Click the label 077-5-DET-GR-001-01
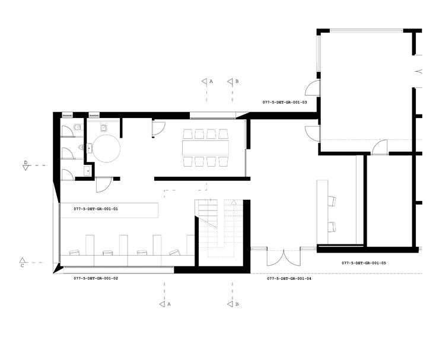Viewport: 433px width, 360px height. tap(96, 209)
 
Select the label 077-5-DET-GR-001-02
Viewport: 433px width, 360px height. tap(96, 278)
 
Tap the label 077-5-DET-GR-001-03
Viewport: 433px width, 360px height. tap(285, 102)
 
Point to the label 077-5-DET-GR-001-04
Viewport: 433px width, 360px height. tap(289, 279)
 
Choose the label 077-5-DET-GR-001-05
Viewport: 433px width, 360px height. tap(364, 263)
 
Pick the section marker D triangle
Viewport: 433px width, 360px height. tap(26, 168)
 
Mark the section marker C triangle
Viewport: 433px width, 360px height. tap(23, 260)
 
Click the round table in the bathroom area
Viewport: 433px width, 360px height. tap(106, 148)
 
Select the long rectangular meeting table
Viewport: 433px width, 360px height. tap(205, 148)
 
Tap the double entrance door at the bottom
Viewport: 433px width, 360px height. tap(284, 258)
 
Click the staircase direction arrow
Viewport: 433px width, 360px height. tap(234, 202)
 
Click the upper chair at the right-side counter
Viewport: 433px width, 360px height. tap(332, 201)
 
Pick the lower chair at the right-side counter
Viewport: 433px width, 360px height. tap(332, 227)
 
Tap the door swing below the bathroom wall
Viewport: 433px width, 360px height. tap(104, 184)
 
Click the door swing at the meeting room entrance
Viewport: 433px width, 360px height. tap(158, 129)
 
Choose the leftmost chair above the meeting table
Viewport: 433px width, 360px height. tap(187, 134)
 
